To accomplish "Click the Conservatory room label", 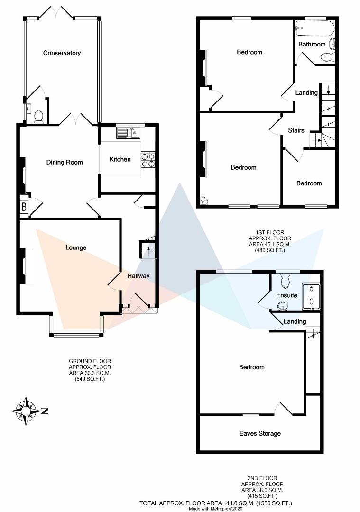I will pyautogui.click(x=62, y=53).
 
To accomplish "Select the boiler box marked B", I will pyautogui.click(x=24, y=207).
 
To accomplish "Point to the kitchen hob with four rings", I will pyautogui.click(x=148, y=159).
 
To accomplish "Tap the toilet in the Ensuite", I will pyautogui.click(x=285, y=283).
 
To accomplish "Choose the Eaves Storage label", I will pyautogui.click(x=259, y=433).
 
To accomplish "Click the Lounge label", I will pyautogui.click(x=76, y=247).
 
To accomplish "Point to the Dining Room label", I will pyautogui.click(x=65, y=162).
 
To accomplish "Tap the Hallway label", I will pyautogui.click(x=138, y=276).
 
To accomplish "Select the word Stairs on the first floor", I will pyautogui.click(x=296, y=130).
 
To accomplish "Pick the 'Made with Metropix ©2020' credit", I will pyautogui.click(x=216, y=509).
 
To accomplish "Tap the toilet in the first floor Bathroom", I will pyautogui.click(x=327, y=57).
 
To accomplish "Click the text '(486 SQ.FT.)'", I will pyautogui.click(x=270, y=250).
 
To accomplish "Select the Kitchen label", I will pyautogui.click(x=120, y=159).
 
